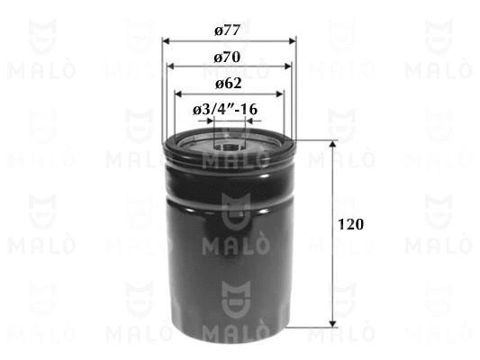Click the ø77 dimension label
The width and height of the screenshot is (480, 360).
tap(227, 31)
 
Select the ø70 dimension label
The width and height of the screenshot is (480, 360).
tap(227, 58)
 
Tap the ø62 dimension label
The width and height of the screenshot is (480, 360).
tap(228, 84)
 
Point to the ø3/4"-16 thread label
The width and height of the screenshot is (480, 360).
tap(225, 110)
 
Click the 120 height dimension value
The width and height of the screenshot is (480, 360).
tap(350, 224)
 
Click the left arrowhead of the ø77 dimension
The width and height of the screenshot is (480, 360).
tap(166, 41)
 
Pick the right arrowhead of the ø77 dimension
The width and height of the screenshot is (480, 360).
tap(293, 41)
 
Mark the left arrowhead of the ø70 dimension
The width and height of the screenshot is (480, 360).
tap(170, 67)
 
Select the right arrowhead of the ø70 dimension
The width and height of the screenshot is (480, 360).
tap(288, 67)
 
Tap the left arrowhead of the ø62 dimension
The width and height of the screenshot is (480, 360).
tap(178, 94)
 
